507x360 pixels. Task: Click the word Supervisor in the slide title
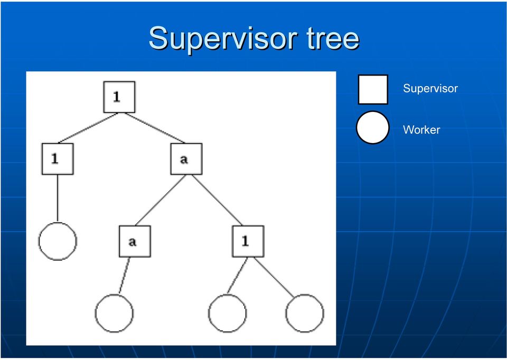coord(223,39)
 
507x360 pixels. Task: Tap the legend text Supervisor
coord(430,89)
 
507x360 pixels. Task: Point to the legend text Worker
coord(421,130)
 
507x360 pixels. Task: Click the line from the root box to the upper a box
coord(155,128)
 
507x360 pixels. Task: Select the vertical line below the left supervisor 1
coord(58,198)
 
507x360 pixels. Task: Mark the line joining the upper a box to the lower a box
coord(160,200)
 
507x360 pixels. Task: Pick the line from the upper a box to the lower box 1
coord(217,200)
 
